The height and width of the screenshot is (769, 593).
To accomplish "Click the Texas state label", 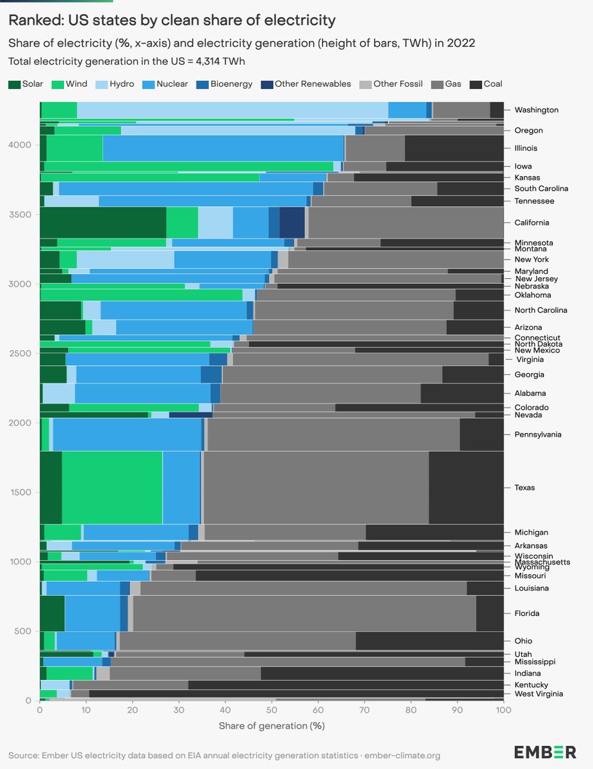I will coord(524,488).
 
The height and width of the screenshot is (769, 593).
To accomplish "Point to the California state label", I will coord(532,222).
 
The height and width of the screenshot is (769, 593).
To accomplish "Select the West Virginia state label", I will coord(539,694).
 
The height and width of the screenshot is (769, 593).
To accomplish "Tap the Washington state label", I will coord(536,110).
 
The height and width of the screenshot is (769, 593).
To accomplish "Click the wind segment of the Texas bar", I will coord(112,488).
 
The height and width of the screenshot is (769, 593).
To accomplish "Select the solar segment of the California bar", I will coord(102,222).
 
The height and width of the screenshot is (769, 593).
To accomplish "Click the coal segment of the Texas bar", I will coord(466,488).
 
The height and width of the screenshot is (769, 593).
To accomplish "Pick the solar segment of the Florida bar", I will coord(52,613).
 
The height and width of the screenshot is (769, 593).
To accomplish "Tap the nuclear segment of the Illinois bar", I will coord(223,148).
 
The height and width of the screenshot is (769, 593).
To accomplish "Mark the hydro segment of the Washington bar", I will coord(232,110).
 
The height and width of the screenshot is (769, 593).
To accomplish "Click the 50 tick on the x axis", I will coord(272,711).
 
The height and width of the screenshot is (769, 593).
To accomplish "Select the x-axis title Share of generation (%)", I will coord(272,726).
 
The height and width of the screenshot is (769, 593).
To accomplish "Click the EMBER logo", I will coord(545,752).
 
